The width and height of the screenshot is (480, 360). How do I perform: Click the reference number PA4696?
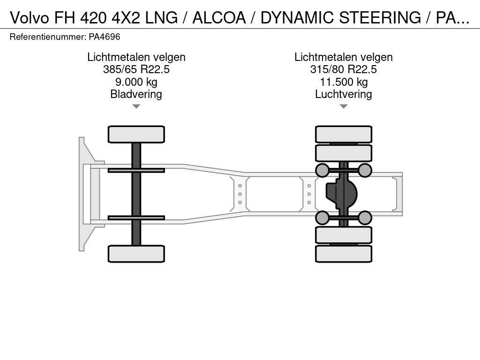(x=105, y=37)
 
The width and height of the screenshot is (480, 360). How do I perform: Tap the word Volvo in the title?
(x=30, y=17)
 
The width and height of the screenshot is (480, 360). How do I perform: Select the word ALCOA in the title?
(x=219, y=17)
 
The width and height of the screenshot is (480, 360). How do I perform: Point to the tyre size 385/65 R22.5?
(x=136, y=69)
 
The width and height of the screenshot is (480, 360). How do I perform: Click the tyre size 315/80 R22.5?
(x=344, y=69)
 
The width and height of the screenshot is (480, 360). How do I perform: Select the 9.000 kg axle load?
(x=136, y=82)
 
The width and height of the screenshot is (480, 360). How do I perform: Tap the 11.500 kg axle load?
(x=344, y=82)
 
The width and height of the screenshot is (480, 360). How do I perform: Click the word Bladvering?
(x=136, y=94)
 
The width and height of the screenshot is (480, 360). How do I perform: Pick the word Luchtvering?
(x=344, y=94)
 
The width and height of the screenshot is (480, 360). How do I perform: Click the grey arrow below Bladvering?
(x=136, y=106)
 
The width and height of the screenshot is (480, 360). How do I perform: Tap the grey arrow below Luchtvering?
(x=344, y=106)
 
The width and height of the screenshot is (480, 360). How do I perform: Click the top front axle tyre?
(x=136, y=135)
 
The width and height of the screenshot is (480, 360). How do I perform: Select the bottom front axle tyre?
(x=136, y=254)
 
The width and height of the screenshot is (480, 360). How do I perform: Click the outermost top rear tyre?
(x=344, y=135)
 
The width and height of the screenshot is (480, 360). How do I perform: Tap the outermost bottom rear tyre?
(x=344, y=254)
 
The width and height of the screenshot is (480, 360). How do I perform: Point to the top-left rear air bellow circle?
(x=322, y=170)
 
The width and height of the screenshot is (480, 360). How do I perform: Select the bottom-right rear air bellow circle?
(x=365, y=217)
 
